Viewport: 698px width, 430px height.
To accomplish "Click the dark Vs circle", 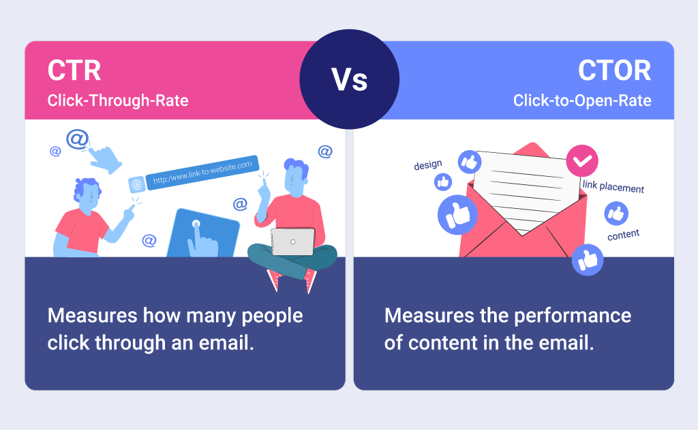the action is point(350,79).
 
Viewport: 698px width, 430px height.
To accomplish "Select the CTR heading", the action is point(74,70).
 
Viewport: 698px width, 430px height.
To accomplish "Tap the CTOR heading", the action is point(614,70).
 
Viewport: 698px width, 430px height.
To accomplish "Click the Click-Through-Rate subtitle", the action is point(118,100).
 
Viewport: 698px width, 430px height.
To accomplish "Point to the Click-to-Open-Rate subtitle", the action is point(582,100).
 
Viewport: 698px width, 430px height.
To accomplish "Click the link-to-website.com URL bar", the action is point(202,173).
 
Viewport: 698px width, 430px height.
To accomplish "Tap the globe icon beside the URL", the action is point(136,184).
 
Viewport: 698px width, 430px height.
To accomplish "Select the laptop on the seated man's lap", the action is point(293,242).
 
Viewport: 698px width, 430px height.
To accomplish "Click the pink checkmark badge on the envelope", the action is point(582,161).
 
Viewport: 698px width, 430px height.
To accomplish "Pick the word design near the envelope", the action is point(428,165).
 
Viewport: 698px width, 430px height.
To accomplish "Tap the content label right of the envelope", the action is point(623,235).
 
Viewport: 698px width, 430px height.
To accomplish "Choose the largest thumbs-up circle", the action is point(457,215).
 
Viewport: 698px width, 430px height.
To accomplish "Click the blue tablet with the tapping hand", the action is point(203,233).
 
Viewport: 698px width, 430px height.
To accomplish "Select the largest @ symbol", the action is point(78,139).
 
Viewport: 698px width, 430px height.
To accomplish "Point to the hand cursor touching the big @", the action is point(105,159).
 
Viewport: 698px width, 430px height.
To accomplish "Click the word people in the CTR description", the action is point(272,317).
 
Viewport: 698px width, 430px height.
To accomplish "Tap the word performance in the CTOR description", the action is point(573,317).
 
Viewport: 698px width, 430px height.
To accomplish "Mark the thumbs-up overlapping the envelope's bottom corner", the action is point(588,260).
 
